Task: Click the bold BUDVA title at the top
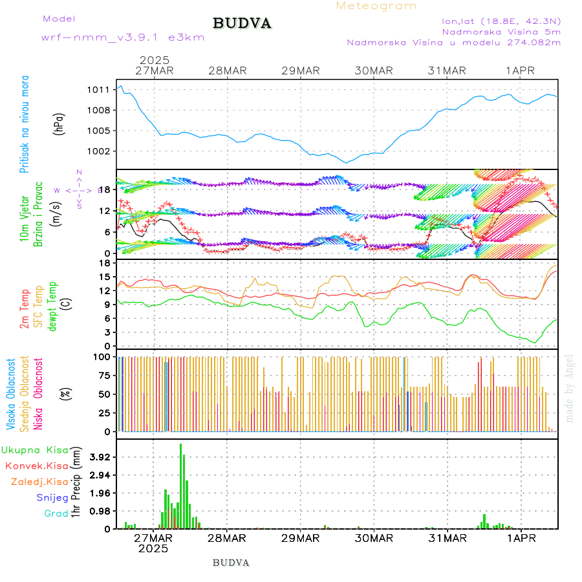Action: [242, 24]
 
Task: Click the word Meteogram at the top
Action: [376, 6]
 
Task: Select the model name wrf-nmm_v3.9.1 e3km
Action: [123, 37]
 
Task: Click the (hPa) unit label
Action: [59, 124]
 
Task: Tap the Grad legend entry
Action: [56, 513]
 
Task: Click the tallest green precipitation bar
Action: [180, 485]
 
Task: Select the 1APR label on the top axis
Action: [520, 70]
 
